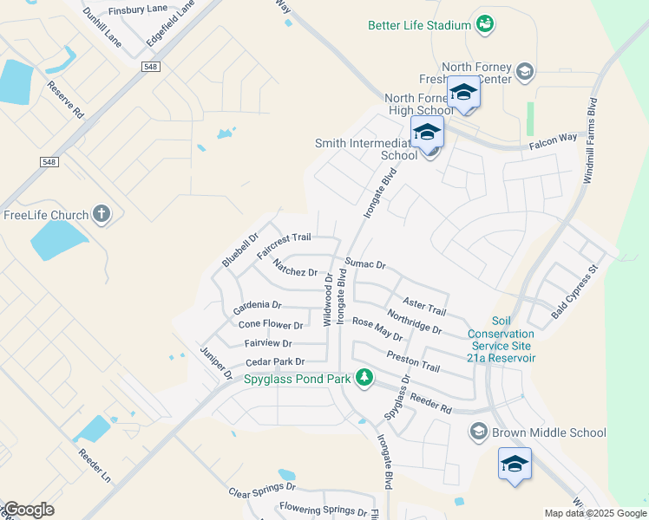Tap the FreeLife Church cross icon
pyautogui.click(x=102, y=214)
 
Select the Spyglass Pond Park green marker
pyautogui.click(x=365, y=378)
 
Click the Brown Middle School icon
pyautogui.click(x=478, y=432)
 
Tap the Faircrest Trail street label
pyautogui.click(x=284, y=245)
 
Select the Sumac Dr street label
pyautogui.click(x=364, y=263)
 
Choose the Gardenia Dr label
pyautogui.click(x=258, y=307)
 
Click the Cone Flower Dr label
pyautogui.click(x=271, y=326)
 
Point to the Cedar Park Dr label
pyautogui.click(x=275, y=362)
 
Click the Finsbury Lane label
pyautogui.click(x=138, y=10)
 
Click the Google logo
pyautogui.click(x=29, y=510)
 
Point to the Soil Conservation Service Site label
pyautogui.click(x=501, y=339)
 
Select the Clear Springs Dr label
pyautogui.click(x=257, y=491)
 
